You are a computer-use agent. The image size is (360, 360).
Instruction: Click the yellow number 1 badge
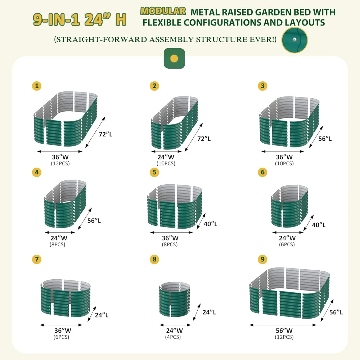[36, 86]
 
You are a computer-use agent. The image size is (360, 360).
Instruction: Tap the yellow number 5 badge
[155, 172]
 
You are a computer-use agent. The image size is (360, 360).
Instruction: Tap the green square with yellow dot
[174, 58]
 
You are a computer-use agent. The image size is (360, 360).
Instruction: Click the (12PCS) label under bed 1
[60, 163]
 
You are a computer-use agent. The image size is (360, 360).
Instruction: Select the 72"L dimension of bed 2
[204, 138]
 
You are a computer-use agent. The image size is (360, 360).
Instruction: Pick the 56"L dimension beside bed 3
[325, 138]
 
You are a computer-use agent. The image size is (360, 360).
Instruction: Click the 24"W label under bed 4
[58, 238]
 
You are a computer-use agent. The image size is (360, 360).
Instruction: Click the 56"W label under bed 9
[284, 330]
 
